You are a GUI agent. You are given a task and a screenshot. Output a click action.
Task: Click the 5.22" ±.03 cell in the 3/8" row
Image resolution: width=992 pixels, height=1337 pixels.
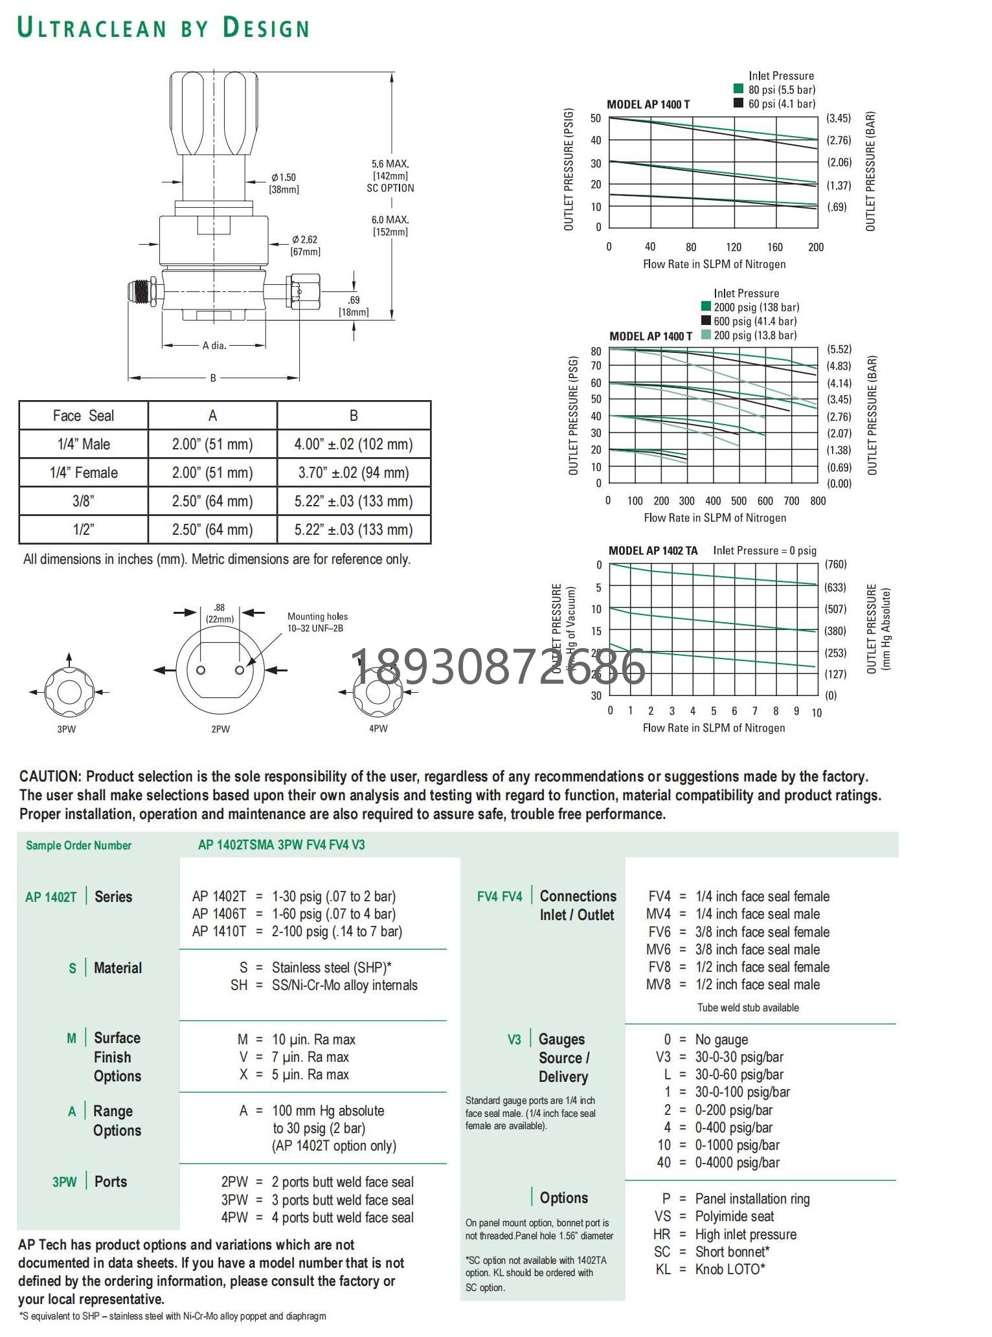353,501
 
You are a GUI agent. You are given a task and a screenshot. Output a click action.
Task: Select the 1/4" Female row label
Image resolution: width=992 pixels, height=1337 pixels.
84,473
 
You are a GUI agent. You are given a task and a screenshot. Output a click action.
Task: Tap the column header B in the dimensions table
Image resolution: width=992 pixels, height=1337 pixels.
354,416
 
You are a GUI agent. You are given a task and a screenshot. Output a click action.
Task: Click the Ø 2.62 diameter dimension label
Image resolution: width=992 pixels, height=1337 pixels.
304,240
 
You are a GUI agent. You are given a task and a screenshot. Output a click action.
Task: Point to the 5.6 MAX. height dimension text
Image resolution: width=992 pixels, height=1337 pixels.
390,164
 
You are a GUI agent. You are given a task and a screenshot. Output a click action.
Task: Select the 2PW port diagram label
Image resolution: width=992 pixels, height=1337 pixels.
220,729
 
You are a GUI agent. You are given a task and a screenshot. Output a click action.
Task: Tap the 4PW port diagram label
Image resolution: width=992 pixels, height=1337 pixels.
378,728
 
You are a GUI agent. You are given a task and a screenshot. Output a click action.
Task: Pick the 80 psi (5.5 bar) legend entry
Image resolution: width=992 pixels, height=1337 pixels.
782,90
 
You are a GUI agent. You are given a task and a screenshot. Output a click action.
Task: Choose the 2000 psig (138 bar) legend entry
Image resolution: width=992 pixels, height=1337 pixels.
756,308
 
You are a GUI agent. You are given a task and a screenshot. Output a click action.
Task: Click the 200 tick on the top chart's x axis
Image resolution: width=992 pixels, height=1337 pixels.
815,247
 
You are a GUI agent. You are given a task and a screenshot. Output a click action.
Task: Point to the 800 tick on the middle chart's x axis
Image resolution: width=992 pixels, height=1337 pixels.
818,500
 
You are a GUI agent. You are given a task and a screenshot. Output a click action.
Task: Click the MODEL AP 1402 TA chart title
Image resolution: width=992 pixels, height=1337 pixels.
653,551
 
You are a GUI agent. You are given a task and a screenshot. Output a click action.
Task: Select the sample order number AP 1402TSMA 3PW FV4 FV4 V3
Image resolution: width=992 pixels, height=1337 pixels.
281,845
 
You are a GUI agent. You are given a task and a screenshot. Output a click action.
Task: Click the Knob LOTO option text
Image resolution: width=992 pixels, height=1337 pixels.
730,1269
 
